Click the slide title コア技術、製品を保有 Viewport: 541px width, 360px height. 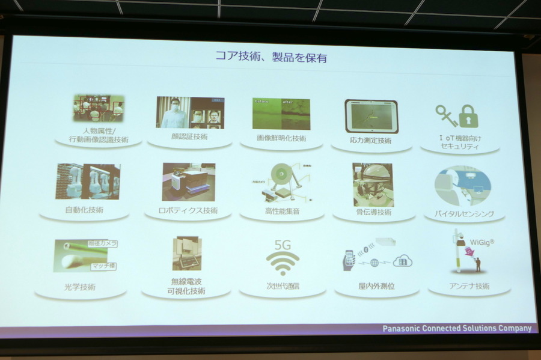click(x=271, y=58)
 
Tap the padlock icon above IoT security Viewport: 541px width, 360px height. click(x=469, y=115)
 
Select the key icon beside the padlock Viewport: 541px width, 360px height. click(x=447, y=115)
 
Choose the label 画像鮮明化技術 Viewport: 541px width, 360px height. click(x=281, y=138)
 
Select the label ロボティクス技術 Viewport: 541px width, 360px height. click(x=188, y=211)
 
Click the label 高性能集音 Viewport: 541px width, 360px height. click(x=282, y=212)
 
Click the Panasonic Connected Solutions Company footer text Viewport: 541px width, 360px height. click(x=457, y=329)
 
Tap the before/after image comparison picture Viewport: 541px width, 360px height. click(x=281, y=114)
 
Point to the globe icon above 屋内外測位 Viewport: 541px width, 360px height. click(x=374, y=262)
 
